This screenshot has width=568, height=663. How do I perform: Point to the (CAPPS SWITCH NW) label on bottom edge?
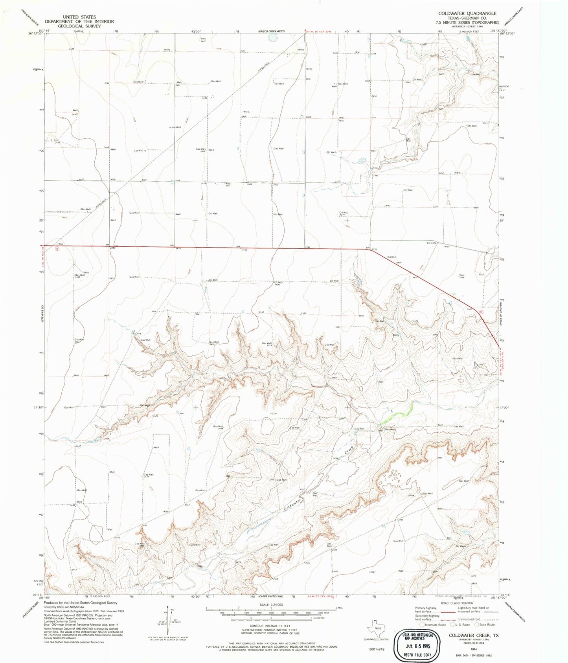tap(272, 596)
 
